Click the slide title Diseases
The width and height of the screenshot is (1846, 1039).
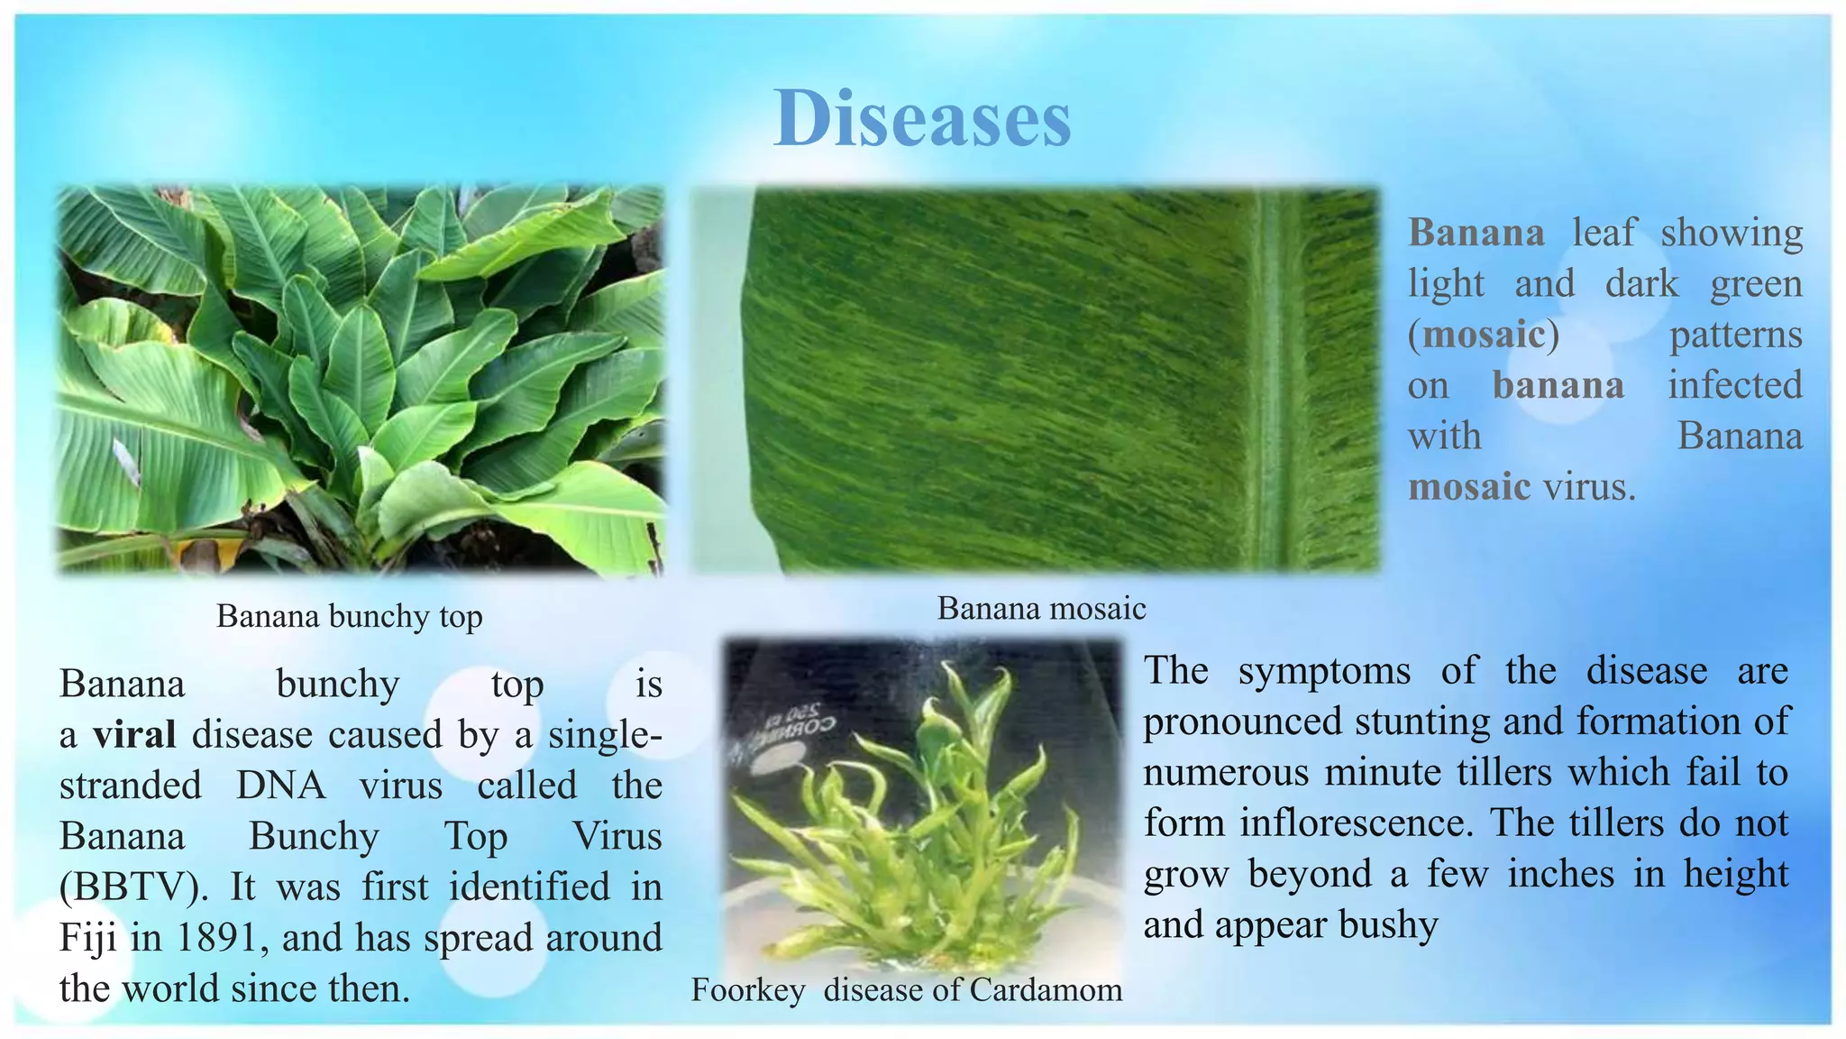point(922,119)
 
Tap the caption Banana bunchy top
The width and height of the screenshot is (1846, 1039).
point(350,617)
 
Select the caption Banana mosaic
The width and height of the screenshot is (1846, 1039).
point(1041,609)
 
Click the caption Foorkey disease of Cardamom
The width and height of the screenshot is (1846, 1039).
point(907,990)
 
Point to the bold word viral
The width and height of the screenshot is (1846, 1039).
point(134,735)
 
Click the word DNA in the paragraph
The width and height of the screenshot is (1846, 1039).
point(280,786)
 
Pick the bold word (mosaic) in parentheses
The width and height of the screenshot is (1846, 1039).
point(1483,336)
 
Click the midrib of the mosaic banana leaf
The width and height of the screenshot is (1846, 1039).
point(1273,379)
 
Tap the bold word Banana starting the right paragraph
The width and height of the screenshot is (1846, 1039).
point(1476,234)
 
